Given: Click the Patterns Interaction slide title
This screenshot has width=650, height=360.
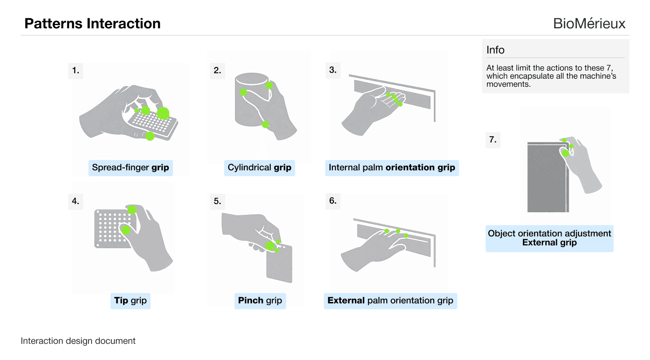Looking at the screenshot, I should click(93, 23).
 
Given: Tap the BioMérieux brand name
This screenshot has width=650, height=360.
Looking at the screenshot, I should click(589, 23).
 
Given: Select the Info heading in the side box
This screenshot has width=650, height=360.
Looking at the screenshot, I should click(495, 50).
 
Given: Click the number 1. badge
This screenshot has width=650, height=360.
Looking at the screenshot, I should click(75, 70).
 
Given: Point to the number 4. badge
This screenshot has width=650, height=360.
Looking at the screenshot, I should click(75, 201).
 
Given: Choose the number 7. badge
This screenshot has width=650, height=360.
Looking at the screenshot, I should click(493, 140).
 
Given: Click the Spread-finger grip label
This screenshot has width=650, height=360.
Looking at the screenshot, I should click(130, 168).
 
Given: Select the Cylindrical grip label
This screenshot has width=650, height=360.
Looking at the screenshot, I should click(259, 168).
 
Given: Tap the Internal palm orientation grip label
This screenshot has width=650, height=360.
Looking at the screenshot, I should click(392, 168).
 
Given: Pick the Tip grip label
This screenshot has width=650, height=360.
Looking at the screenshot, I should click(130, 300).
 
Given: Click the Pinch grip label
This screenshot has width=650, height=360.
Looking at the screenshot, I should click(260, 300).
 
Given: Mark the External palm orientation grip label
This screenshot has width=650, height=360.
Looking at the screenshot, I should click(390, 300).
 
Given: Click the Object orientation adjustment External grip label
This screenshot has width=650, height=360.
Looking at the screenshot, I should click(549, 238).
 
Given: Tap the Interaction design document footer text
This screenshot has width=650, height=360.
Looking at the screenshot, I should click(78, 341).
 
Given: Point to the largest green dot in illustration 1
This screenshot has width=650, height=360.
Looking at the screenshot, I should click(163, 113).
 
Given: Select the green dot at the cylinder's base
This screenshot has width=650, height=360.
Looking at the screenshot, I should click(265, 124).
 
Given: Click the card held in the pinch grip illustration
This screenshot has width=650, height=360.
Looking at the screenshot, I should click(279, 265).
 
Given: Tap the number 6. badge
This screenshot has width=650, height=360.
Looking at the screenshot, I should click(333, 201).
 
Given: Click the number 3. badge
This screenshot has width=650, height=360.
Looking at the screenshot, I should click(333, 70).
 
